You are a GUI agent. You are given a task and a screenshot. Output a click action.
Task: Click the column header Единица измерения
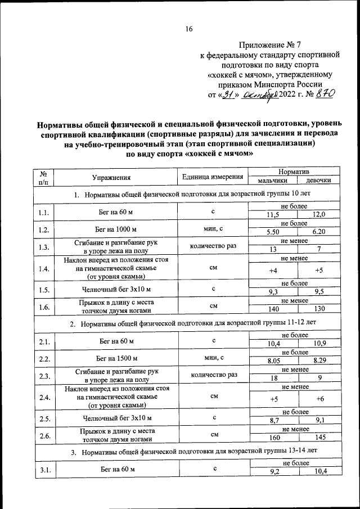tap(213, 177)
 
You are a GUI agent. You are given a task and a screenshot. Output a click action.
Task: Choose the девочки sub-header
tap(318, 181)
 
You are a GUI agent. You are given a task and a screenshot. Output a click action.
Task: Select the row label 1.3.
tap(43, 246)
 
